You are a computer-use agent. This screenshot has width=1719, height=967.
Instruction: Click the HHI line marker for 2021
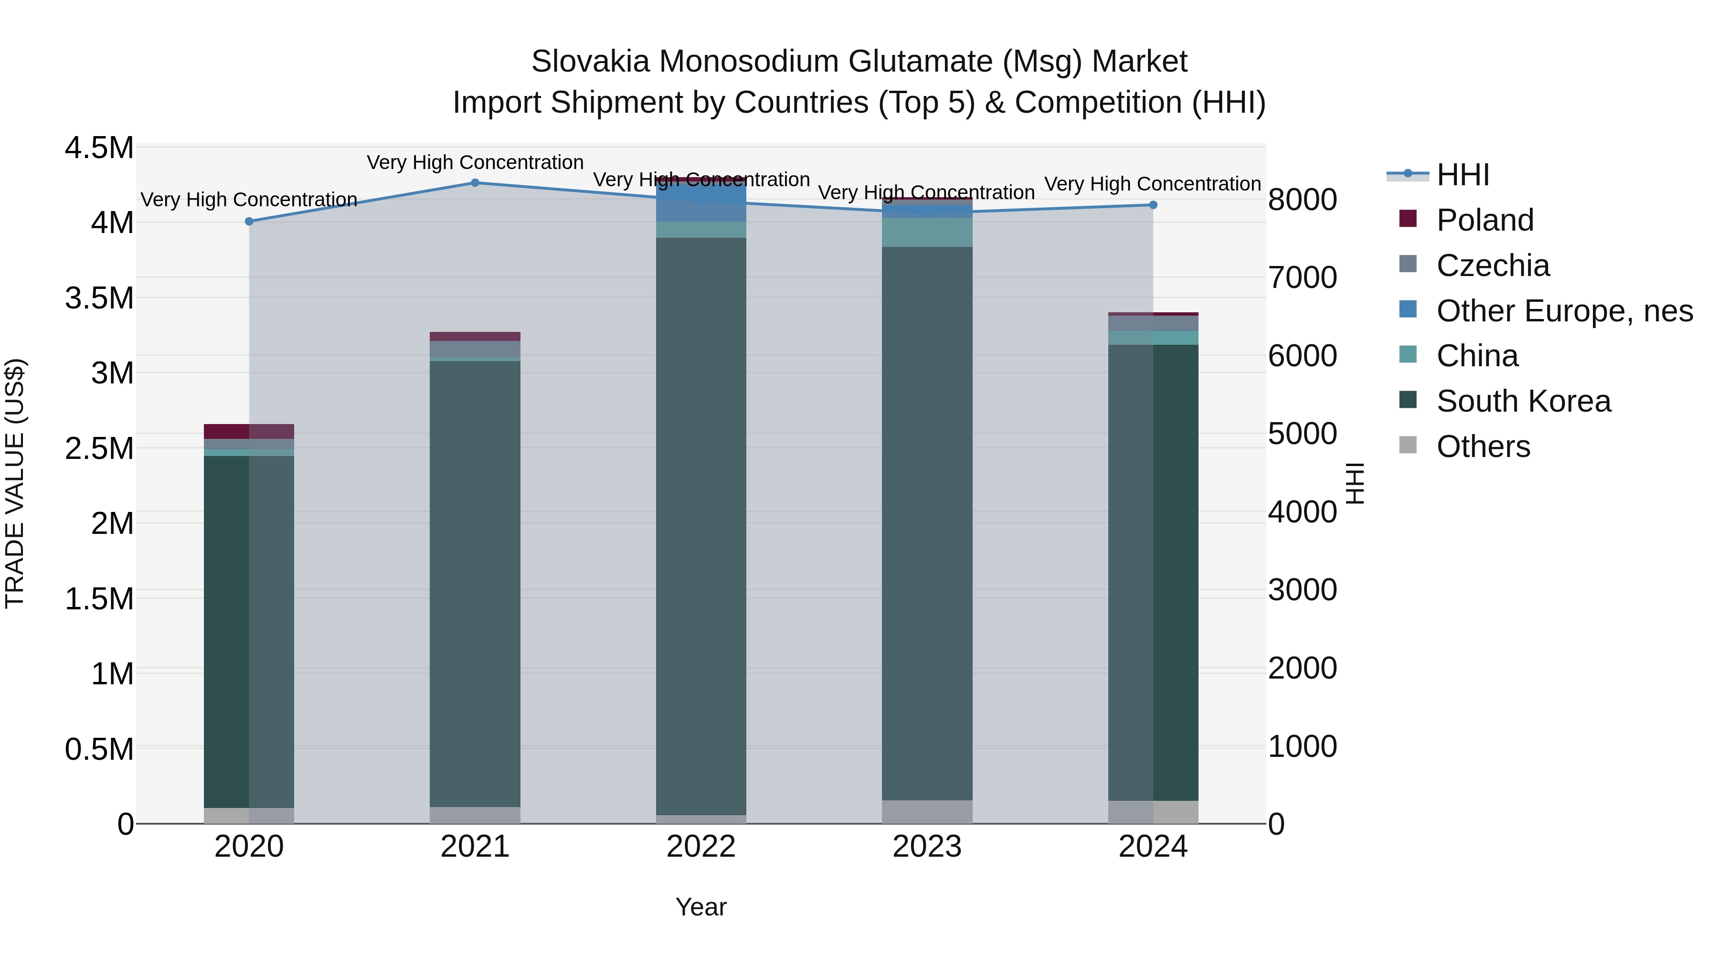(475, 182)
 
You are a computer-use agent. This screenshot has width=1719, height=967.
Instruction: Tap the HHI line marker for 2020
(249, 221)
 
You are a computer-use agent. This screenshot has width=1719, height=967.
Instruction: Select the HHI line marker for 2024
(1153, 205)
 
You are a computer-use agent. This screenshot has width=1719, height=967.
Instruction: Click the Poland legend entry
(1485, 220)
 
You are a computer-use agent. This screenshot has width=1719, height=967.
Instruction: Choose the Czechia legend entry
(1493, 266)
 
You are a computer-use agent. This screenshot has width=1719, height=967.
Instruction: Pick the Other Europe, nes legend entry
(1564, 311)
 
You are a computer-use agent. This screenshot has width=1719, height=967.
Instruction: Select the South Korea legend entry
(1524, 401)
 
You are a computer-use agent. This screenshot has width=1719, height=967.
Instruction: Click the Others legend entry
(1483, 446)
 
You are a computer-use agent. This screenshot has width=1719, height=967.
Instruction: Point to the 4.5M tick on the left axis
(99, 148)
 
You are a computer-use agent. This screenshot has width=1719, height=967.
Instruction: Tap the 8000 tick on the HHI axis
(1303, 200)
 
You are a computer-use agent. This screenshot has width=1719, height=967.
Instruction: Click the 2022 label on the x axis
(700, 847)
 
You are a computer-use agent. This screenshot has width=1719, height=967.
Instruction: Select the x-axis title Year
(700, 907)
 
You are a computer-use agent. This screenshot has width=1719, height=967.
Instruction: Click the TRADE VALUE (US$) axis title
(15, 483)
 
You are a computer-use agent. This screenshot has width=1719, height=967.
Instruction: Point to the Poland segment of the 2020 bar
(249, 431)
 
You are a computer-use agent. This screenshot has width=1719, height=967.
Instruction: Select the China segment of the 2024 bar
(1153, 338)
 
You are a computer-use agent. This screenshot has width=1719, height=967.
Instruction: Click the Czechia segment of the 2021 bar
(475, 349)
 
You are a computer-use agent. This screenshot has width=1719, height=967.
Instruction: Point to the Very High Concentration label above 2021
(475, 162)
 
